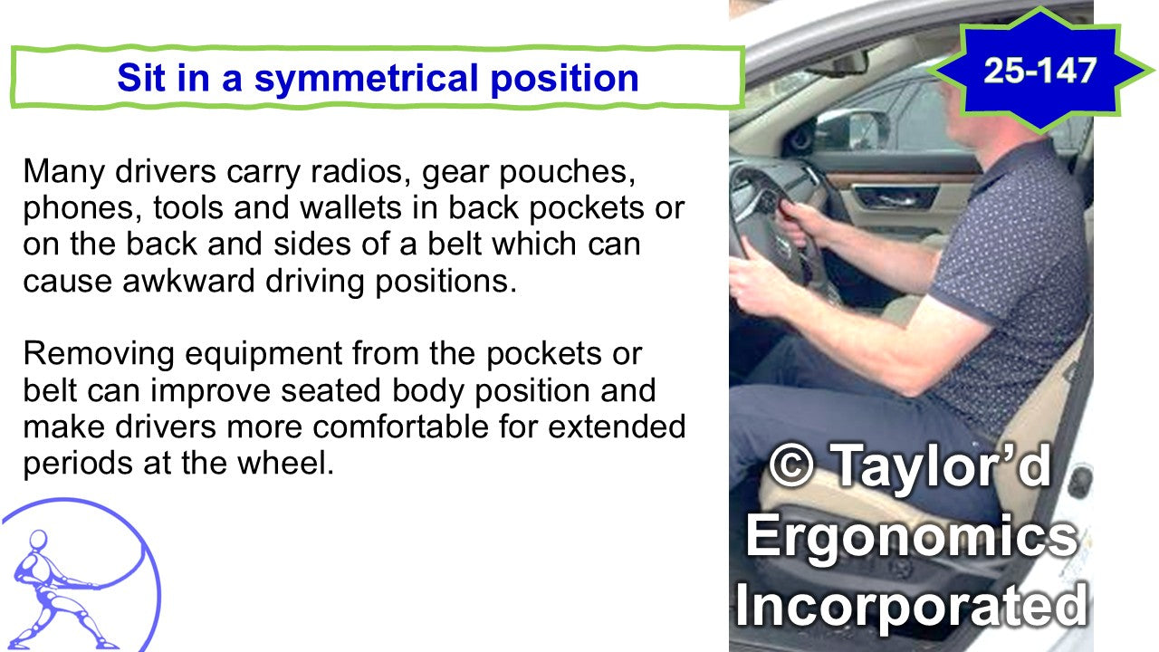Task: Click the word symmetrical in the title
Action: [x=367, y=79]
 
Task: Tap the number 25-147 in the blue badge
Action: [x=1039, y=71]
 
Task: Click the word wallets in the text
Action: [x=350, y=208]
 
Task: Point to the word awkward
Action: [x=188, y=281]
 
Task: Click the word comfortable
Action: [x=400, y=427]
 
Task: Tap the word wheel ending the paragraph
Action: [x=285, y=463]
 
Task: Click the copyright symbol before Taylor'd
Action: [x=791, y=465]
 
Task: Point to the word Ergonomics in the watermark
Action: [x=911, y=535]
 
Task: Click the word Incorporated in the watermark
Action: [x=911, y=604]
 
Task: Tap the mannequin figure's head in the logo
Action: [x=38, y=540]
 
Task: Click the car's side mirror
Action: [x=849, y=129]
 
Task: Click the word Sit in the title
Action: [x=140, y=79]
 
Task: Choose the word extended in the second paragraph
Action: [x=617, y=427]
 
